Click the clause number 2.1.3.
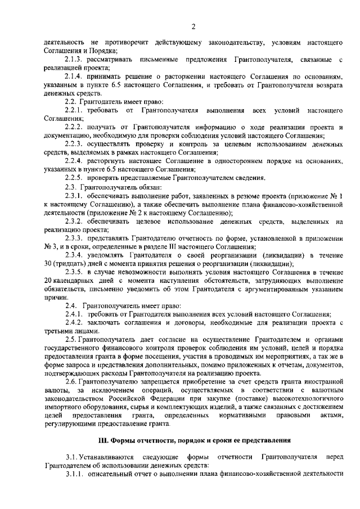pos(74,59)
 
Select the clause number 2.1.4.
pos(74,76)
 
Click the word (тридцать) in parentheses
pos(71,263)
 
